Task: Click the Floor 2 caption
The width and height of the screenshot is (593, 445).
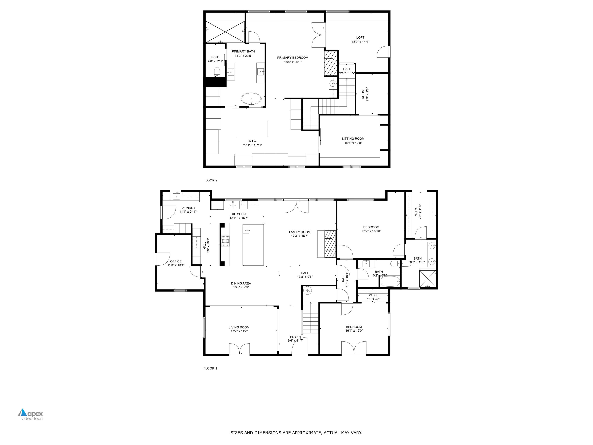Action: tap(211, 180)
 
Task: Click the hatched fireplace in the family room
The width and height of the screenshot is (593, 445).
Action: tap(330, 244)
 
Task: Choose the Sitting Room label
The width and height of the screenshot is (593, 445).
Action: tap(353, 139)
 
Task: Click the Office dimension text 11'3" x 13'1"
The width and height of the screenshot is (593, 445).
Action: tap(176, 265)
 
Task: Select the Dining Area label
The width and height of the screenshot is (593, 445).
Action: tap(241, 283)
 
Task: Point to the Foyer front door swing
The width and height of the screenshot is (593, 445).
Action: tap(299, 346)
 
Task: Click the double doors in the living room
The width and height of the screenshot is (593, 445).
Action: tap(239, 349)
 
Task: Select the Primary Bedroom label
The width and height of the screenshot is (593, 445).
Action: tap(293, 58)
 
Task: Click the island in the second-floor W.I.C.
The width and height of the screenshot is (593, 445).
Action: tap(252, 129)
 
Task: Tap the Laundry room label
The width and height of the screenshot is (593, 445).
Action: tap(188, 208)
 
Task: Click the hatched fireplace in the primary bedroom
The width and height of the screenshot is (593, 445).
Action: tap(330, 63)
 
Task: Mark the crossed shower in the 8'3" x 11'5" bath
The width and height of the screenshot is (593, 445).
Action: tap(427, 279)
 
